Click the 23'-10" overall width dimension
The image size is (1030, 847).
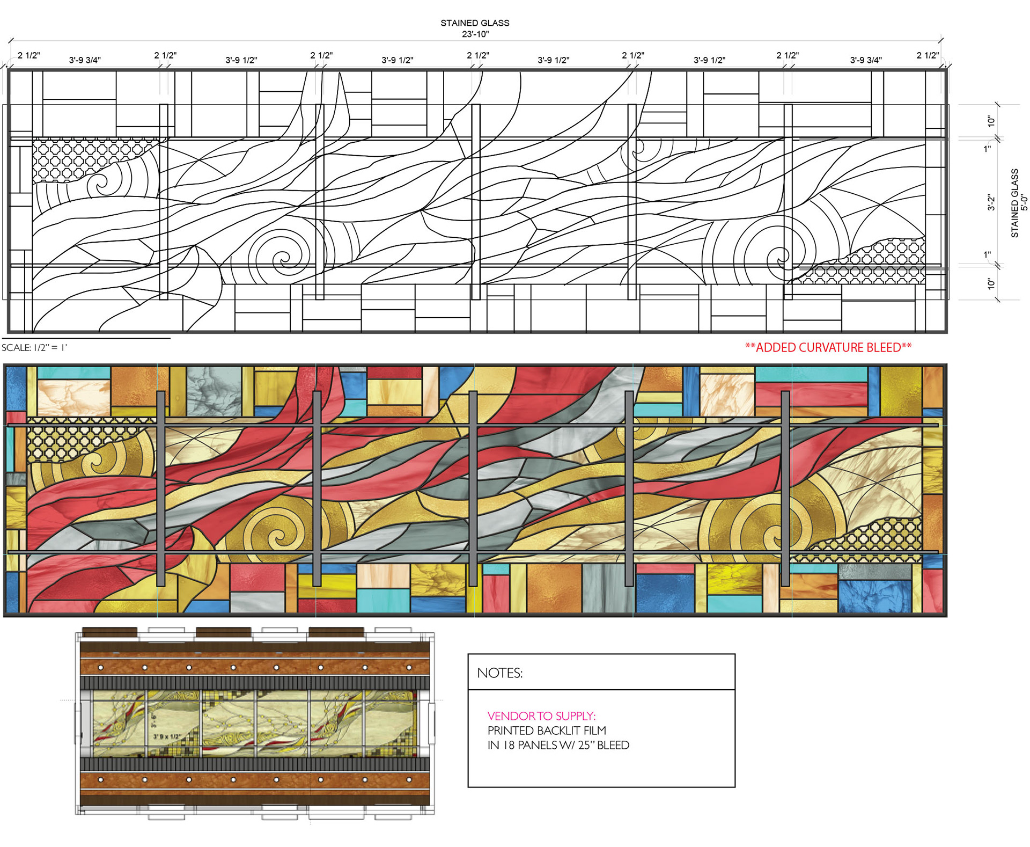[475, 34]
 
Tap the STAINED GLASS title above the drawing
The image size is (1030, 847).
[475, 23]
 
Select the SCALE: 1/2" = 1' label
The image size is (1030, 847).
[34, 348]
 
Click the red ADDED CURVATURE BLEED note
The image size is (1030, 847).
[828, 348]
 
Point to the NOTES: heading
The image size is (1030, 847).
[499, 673]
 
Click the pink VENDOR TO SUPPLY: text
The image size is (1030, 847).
[541, 716]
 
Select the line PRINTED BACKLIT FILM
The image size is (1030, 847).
[547, 731]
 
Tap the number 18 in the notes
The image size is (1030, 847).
[509, 745]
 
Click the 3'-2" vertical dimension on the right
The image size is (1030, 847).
[991, 202]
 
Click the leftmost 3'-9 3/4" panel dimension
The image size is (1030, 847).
[85, 60]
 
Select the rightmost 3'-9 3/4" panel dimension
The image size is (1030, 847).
[866, 60]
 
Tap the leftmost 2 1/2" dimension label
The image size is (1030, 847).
[29, 55]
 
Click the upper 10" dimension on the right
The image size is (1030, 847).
[991, 121]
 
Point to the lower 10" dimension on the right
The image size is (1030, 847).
[991, 283]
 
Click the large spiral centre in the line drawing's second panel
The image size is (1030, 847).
[283, 261]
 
